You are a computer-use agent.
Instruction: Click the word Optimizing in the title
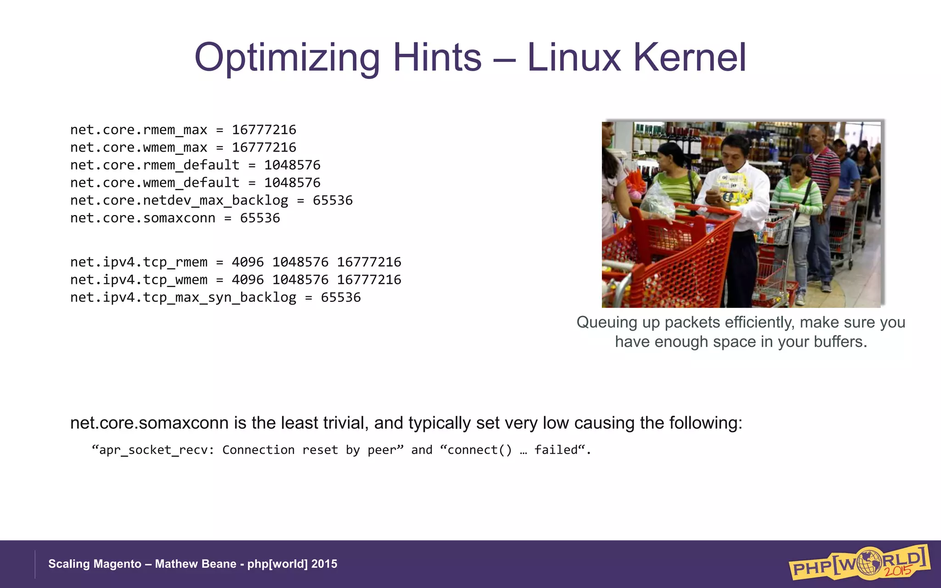tap(287, 58)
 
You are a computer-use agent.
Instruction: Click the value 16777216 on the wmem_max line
tap(264, 147)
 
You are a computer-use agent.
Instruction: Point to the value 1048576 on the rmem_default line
tap(292, 165)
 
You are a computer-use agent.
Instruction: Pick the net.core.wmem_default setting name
tap(155, 183)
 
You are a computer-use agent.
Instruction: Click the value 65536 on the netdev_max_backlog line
tap(333, 200)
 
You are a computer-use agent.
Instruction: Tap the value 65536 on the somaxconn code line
tap(260, 218)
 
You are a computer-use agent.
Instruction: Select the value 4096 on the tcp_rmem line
tap(248, 262)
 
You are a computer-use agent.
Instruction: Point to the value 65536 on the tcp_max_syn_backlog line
tap(340, 297)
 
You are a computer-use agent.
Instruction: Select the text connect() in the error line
tap(479, 450)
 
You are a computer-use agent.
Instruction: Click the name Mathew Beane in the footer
tap(195, 564)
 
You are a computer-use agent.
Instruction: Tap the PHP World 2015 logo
tap(859, 563)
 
